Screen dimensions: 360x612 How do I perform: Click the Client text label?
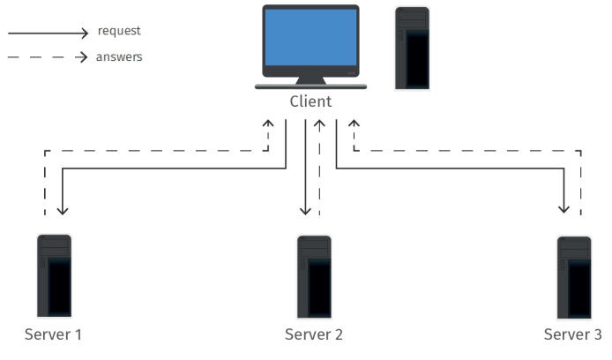point(310,101)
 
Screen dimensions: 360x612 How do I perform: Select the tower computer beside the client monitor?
point(412,48)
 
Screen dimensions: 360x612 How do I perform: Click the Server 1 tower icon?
point(54,275)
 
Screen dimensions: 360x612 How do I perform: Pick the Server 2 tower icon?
point(314,275)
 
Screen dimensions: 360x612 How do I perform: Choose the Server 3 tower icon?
point(573,275)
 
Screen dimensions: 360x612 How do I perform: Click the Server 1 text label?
point(54,334)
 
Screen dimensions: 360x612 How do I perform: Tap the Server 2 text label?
point(314,334)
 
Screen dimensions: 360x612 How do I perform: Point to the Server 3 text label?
point(573,334)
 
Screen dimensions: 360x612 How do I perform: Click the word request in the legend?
point(119,31)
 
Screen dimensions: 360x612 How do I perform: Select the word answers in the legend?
point(119,57)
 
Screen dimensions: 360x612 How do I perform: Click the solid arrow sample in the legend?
point(49,33)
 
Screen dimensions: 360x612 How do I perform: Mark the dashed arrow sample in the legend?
point(49,58)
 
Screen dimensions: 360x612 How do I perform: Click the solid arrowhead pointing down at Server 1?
point(62,210)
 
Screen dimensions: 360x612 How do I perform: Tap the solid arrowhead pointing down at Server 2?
point(305,210)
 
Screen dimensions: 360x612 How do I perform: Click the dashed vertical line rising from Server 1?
point(44,185)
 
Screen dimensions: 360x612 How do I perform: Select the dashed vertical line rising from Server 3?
point(581,185)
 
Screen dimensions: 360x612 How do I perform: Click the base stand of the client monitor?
point(310,85)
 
